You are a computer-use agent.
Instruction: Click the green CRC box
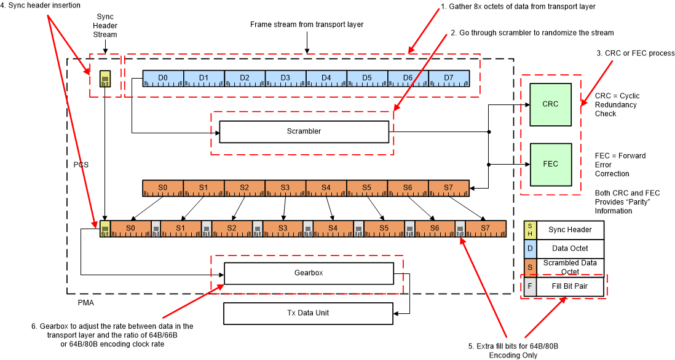point(550,104)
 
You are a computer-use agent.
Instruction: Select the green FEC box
point(550,164)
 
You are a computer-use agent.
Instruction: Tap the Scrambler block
point(304,131)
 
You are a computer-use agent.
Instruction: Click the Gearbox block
point(308,273)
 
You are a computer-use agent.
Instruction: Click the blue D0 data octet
point(163,78)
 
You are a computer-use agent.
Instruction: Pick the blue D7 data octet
point(449,78)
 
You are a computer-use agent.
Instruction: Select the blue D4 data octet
point(326,78)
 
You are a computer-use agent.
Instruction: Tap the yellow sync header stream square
point(105,79)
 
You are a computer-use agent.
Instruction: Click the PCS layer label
point(81,165)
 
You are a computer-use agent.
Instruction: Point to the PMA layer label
point(77,303)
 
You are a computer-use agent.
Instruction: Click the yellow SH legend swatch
point(529,230)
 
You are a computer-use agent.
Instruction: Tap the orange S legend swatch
point(529,267)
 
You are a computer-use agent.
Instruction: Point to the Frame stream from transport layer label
point(307,25)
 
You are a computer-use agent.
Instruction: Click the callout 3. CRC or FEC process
point(636,53)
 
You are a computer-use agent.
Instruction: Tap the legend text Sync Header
point(570,230)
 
